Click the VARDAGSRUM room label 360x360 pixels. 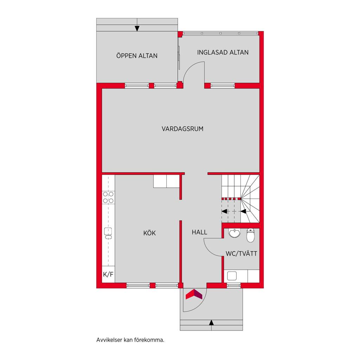click(182, 129)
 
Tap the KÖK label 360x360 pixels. click(149, 233)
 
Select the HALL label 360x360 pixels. click(199, 232)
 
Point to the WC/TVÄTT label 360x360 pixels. click(241, 254)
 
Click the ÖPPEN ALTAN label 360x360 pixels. click(137, 56)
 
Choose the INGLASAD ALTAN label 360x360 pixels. click(223, 52)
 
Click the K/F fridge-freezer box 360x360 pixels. click(108, 274)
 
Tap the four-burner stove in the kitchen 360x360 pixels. click(108, 198)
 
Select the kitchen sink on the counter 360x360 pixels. click(108, 233)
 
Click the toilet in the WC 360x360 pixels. click(250, 235)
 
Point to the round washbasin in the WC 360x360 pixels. click(234, 233)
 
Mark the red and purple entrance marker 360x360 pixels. click(194, 294)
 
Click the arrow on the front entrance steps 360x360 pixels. click(211, 323)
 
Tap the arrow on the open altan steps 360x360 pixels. click(137, 28)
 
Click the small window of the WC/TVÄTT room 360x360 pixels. click(234, 285)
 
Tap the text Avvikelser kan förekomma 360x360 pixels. click(130, 340)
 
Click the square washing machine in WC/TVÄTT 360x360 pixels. click(232, 276)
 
